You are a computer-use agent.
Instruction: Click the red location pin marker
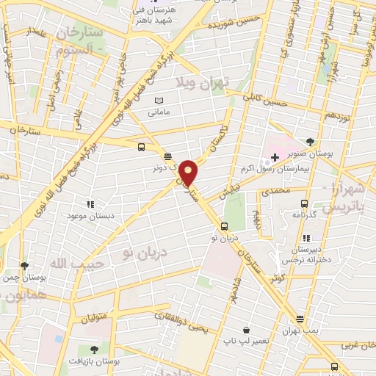pyautogui.click(x=189, y=173)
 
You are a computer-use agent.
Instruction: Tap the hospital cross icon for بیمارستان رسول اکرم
pyautogui.click(x=275, y=158)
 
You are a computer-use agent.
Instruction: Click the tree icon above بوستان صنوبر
pyautogui.click(x=311, y=142)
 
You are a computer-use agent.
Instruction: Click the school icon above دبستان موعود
pyautogui.click(x=90, y=204)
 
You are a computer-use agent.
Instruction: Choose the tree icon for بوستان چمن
pyautogui.click(x=24, y=266)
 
